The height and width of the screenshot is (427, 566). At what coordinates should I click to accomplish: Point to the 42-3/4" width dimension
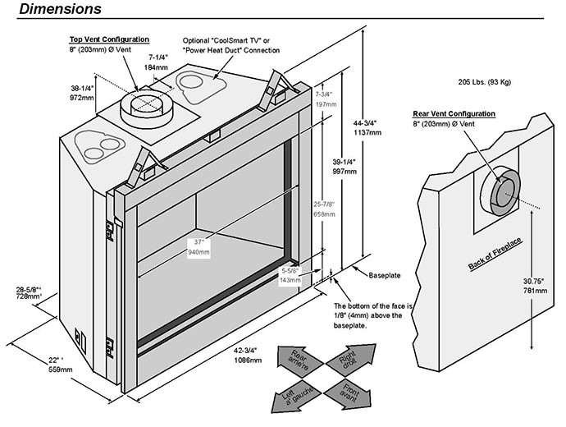pyautogui.click(x=245, y=355)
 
